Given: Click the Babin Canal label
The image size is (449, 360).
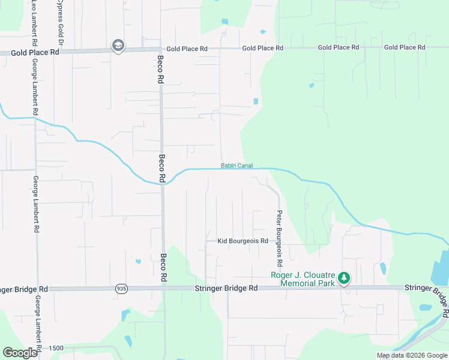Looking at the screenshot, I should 237,166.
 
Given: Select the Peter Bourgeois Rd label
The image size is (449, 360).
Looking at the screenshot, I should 279,239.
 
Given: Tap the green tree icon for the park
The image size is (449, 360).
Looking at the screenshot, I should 344,278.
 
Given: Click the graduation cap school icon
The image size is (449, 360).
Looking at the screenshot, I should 118,46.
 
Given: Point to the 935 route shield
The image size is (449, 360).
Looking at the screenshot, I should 122,289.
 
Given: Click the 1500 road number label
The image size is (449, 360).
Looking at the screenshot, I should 56,348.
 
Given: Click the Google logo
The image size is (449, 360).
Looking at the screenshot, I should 20,353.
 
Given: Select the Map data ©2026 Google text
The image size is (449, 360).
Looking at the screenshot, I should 411,355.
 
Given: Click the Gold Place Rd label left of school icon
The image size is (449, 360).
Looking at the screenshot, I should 35,53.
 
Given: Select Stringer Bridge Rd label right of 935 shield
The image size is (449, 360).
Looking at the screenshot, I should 226,289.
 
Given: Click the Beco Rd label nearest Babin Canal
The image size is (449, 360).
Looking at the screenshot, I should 161,168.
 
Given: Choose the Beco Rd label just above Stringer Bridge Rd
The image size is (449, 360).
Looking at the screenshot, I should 163,268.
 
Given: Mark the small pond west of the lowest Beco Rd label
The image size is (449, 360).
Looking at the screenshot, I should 138,261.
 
